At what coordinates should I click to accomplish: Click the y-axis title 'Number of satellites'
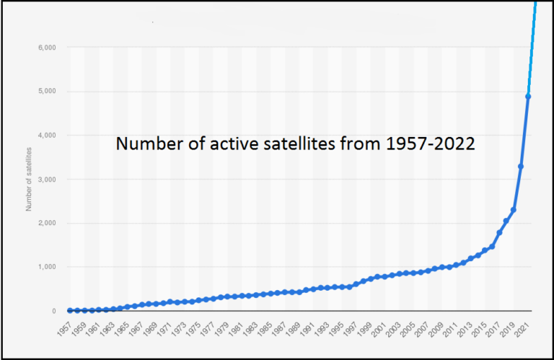tap(30, 178)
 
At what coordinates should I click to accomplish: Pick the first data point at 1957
tap(70, 310)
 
